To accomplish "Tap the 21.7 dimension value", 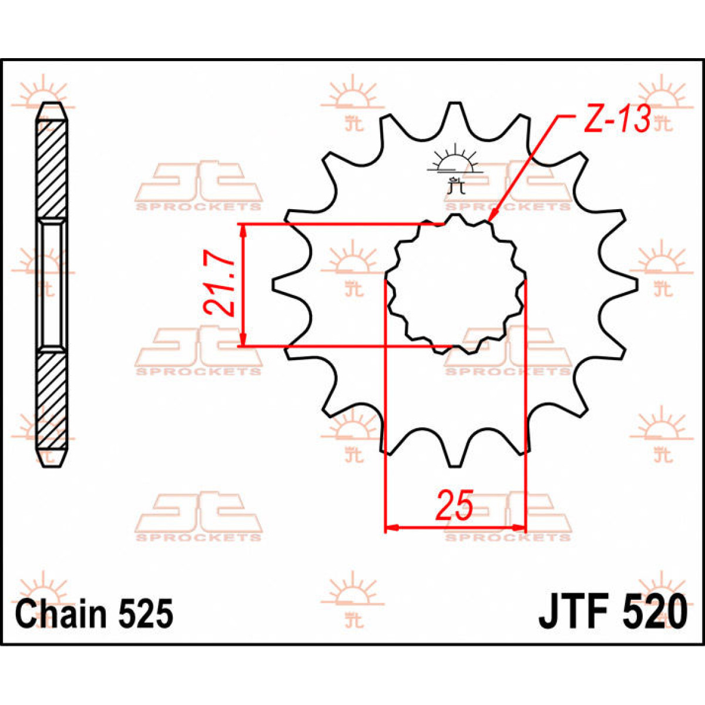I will (x=219, y=285).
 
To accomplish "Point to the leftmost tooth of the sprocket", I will (x=282, y=284).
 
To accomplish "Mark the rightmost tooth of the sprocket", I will (x=629, y=284).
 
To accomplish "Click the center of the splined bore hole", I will (x=454, y=285).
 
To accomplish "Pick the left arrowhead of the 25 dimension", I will (x=391, y=527).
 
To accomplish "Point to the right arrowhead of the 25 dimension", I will (x=518, y=527).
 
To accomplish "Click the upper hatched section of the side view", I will (x=52, y=170).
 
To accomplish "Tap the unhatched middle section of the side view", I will (x=52, y=284).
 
